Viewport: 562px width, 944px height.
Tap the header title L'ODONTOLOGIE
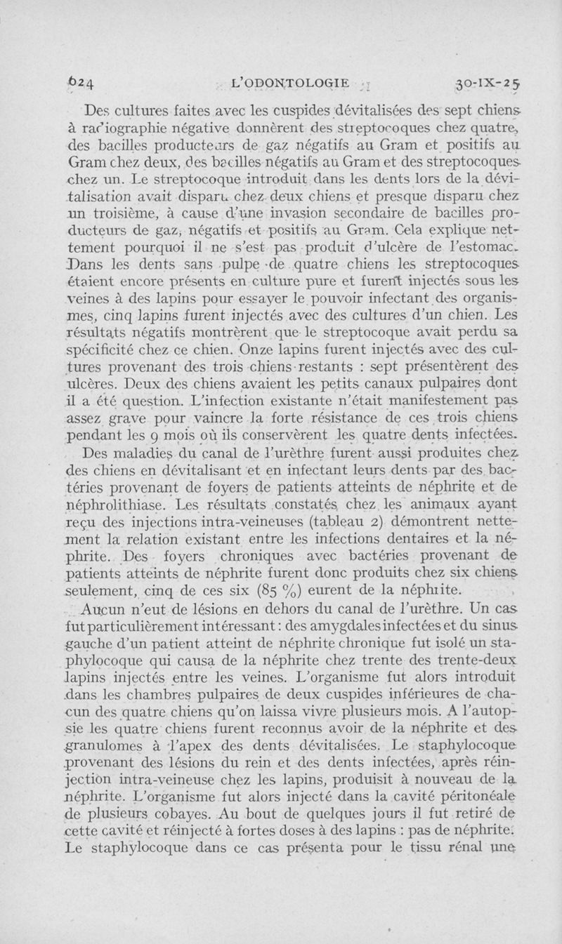tap(289, 83)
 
